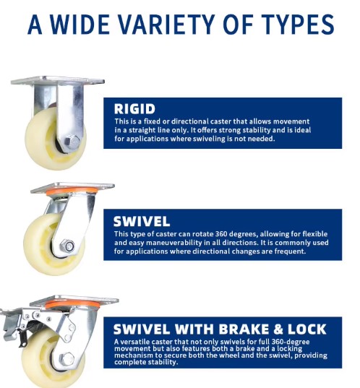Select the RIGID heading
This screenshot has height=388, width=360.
[x=134, y=109]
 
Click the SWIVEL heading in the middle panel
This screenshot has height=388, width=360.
[x=142, y=221]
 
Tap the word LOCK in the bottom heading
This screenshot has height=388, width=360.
[x=307, y=329]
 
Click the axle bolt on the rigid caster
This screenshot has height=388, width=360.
[x=72, y=142]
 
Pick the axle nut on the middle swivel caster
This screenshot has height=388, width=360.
[x=67, y=246]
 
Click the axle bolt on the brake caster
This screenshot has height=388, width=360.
[x=67, y=359]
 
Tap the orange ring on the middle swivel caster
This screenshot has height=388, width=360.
[x=72, y=191]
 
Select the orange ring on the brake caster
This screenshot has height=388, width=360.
[x=72, y=304]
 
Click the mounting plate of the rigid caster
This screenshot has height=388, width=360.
[x=57, y=81]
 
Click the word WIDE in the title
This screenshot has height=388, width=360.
[x=80, y=25]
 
